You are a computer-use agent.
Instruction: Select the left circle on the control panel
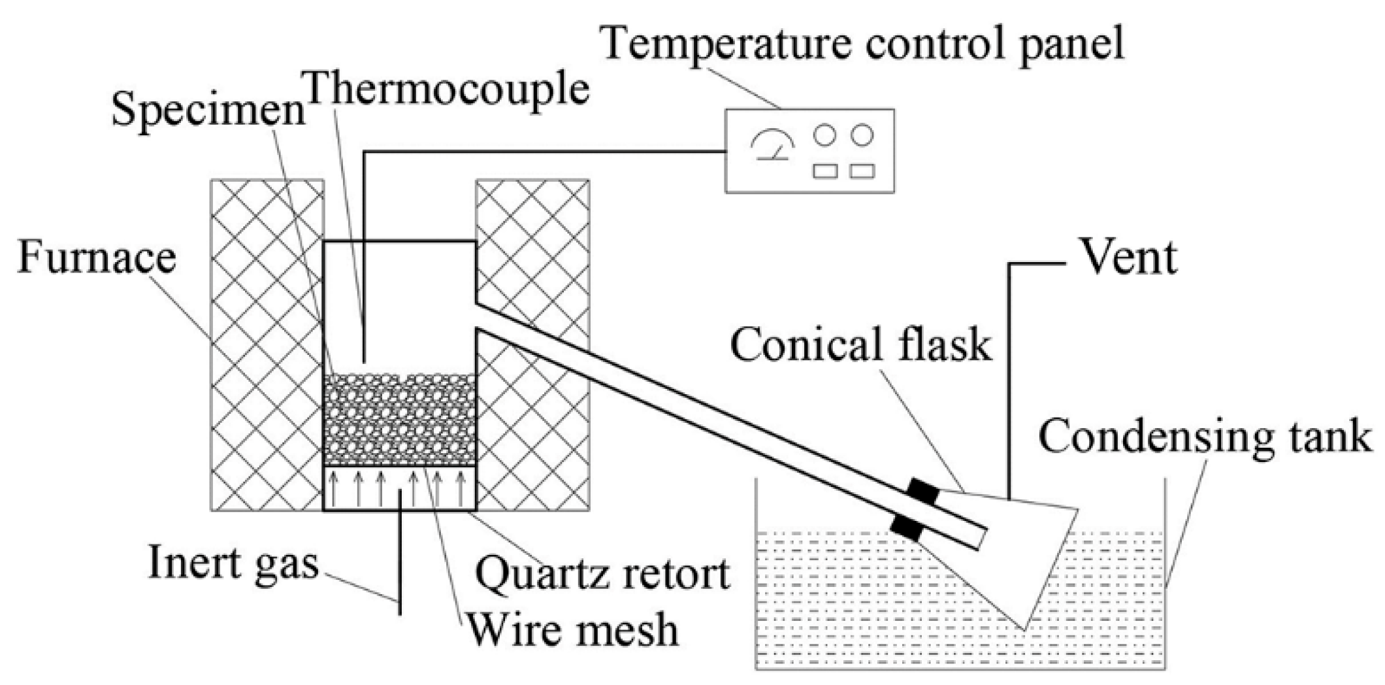[824, 135]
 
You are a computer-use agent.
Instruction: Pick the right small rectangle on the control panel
[862, 171]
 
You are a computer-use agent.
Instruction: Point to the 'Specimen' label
[208, 111]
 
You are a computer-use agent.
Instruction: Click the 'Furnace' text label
[97, 257]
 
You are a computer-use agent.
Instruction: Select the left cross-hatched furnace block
[267, 344]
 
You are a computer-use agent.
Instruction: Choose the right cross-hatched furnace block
[532, 344]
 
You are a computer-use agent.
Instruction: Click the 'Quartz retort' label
[602, 575]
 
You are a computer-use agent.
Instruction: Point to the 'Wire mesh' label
[573, 630]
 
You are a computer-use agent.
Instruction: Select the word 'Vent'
[1129, 257]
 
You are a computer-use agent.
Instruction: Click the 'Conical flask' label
[860, 344]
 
